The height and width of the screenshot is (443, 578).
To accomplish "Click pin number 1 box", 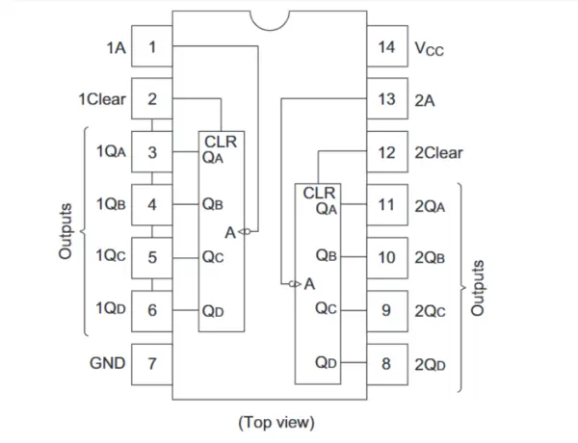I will point(152,46).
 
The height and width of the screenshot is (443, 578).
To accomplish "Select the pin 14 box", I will point(386,46).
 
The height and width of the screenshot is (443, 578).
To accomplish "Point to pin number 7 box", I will point(152,363).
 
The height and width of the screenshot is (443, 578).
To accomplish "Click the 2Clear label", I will point(438,152).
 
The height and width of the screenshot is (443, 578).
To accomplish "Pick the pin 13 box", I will point(386,99).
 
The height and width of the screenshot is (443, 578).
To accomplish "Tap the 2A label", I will point(425,99).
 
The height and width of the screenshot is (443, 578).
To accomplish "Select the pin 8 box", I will point(386,363).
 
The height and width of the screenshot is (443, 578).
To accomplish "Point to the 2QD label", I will point(431,363).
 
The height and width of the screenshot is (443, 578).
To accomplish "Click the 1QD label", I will point(109,310).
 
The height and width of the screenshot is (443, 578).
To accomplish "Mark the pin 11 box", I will point(386,205).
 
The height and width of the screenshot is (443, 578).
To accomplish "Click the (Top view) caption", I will point(276,422).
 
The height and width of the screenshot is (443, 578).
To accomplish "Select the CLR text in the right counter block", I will point(319,193).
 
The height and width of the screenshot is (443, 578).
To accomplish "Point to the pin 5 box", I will point(152,257).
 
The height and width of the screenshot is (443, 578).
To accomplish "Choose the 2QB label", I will point(431,257).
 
